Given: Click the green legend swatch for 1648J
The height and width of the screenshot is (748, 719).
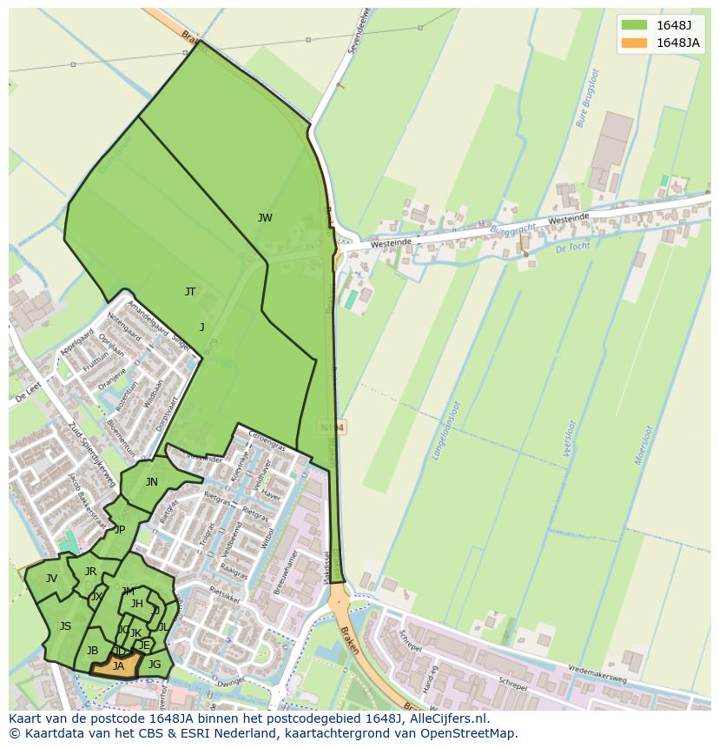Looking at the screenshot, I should (634, 25).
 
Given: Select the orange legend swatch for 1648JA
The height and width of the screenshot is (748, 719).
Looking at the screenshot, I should (634, 43).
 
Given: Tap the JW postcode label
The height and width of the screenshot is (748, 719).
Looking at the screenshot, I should (265, 218).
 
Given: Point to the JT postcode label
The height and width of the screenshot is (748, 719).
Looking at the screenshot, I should (190, 292).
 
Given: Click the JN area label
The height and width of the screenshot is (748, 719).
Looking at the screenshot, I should (152, 482).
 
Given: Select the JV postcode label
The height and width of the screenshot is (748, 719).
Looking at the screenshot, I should (51, 579).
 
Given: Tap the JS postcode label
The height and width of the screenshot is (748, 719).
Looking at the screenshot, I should (65, 626).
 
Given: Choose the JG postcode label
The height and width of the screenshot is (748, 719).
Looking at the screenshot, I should (155, 665).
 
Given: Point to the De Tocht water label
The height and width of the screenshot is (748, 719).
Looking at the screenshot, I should (573, 248).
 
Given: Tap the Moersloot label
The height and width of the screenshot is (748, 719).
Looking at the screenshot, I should (643, 445).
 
